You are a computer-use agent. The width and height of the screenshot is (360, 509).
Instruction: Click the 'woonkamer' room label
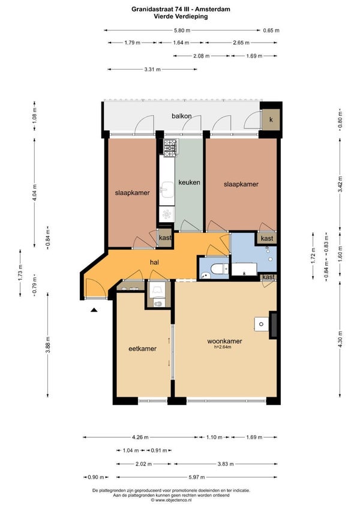[x=224, y=341]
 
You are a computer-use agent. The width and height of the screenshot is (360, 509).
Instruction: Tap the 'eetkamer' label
[x=143, y=349]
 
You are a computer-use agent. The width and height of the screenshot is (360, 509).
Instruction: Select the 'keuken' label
[x=189, y=182]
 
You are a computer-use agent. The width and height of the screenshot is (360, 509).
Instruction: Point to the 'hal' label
[x=154, y=262]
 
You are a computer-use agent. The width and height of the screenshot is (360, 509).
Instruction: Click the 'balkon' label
[x=181, y=116]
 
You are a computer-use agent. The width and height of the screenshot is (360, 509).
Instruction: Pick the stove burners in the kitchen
[x=170, y=148]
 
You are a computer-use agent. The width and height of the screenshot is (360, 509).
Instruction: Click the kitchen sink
[x=167, y=190]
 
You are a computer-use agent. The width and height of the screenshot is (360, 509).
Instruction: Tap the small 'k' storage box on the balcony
[x=271, y=119]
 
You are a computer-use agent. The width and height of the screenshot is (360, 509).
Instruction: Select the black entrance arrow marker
[x=94, y=310]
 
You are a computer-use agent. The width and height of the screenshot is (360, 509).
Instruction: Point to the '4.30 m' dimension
[x=340, y=339]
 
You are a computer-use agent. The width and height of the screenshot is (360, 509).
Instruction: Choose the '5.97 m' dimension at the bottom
[x=197, y=477]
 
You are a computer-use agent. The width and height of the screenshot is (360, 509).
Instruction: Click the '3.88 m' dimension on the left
[x=48, y=345]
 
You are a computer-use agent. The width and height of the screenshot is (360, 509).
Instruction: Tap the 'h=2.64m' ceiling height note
[x=223, y=347]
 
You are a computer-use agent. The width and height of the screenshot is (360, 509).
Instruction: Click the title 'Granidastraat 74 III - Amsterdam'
[x=181, y=9]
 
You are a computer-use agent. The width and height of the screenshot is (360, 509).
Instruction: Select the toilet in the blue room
[x=218, y=269]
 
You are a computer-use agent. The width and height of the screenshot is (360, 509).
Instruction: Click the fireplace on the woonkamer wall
[x=272, y=325]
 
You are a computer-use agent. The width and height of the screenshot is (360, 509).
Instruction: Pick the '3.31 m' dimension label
[x=152, y=70]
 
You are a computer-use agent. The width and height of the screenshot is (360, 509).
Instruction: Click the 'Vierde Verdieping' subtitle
[x=181, y=16]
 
